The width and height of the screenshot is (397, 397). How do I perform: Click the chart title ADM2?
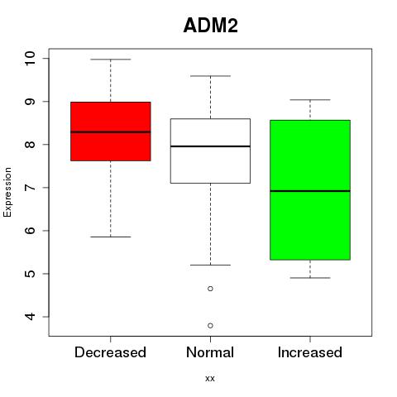[x=210, y=26]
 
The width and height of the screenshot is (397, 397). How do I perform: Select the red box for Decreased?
[x=111, y=132]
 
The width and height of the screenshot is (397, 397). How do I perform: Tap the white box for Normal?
[x=210, y=151]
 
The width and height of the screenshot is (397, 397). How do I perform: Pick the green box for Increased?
[x=310, y=190]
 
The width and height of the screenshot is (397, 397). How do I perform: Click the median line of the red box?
[x=111, y=132]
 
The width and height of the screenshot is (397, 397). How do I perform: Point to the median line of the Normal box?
[x=210, y=146]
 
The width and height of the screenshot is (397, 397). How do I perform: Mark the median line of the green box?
[x=310, y=191]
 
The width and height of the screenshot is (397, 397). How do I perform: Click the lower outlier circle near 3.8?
[x=210, y=326]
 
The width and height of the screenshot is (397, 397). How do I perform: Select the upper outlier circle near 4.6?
[x=210, y=289]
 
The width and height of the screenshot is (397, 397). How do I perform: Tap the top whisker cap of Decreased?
[x=111, y=60]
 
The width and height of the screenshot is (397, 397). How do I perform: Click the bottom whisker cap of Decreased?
[x=111, y=237]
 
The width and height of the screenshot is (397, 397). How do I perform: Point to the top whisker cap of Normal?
[x=210, y=76]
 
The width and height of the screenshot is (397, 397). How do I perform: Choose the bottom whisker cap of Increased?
[x=310, y=278]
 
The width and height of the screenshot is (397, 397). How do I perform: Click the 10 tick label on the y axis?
[x=30, y=59]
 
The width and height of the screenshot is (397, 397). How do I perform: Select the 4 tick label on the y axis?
[x=30, y=317]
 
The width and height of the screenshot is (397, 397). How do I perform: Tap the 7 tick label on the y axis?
[x=30, y=188]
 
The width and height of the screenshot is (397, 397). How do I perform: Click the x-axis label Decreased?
[x=110, y=352]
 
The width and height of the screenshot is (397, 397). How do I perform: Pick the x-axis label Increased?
[x=310, y=352]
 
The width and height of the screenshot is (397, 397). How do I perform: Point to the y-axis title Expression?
[x=7, y=192]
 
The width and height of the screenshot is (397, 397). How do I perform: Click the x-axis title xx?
[x=210, y=379]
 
